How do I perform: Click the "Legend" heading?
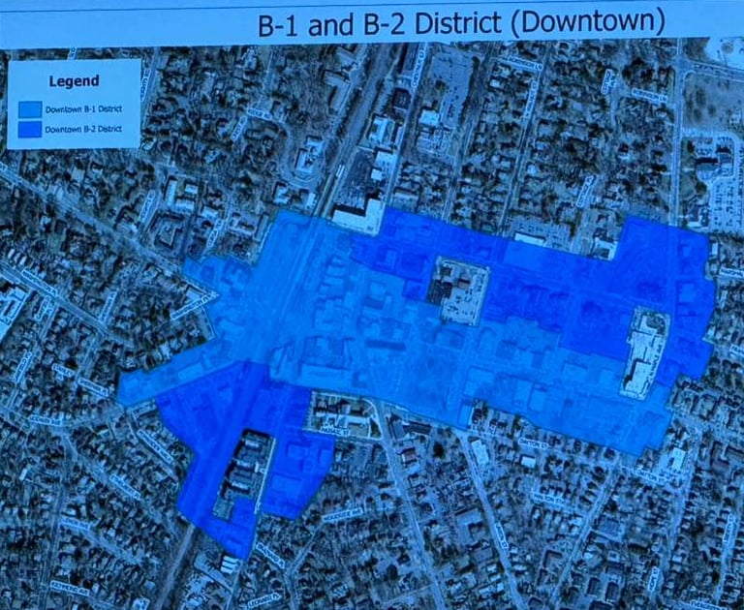(74, 80)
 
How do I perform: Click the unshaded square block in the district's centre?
(457, 290)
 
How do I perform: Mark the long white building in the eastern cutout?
(642, 353)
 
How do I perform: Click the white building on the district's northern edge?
(356, 215)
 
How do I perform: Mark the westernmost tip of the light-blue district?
(121, 393)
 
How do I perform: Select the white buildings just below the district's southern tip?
(229, 563)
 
